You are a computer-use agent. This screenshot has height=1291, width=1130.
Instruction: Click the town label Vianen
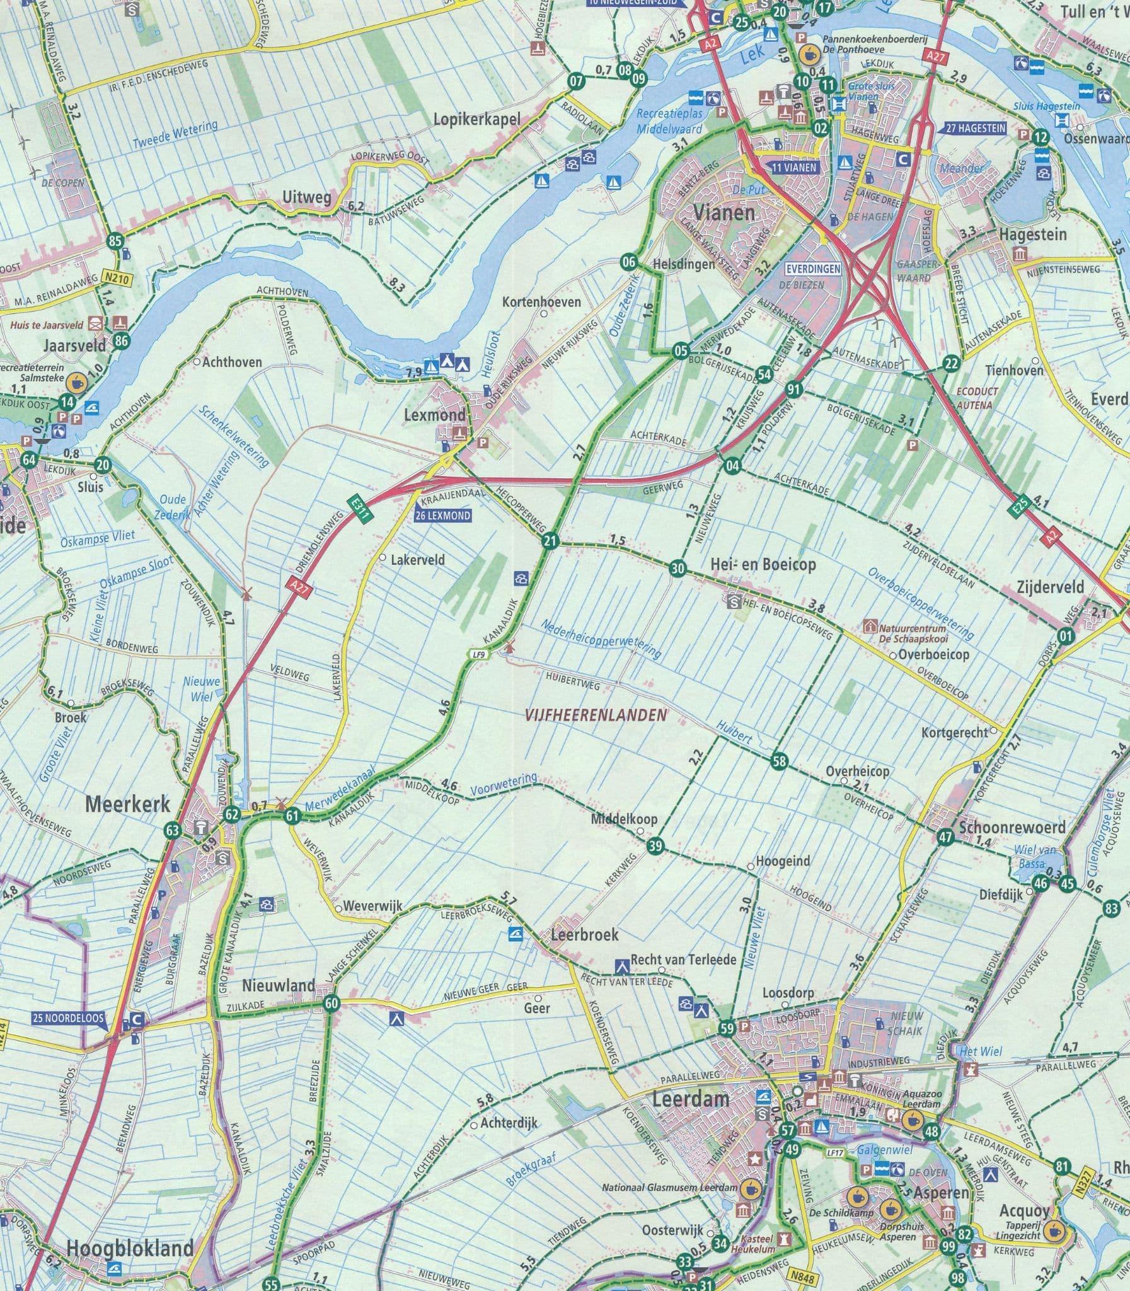(724, 212)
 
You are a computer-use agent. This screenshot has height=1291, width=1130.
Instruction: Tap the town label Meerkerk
(128, 804)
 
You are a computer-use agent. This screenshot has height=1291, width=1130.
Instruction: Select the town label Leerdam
(691, 1099)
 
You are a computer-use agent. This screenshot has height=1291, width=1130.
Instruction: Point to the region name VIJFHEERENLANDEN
(596, 715)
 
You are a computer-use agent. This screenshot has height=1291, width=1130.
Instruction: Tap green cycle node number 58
(780, 761)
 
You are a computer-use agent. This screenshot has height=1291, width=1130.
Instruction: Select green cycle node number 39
(656, 847)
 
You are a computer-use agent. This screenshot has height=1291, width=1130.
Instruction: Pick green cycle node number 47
(945, 838)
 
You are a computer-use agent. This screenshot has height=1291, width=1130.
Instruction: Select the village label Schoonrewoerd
(1012, 826)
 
